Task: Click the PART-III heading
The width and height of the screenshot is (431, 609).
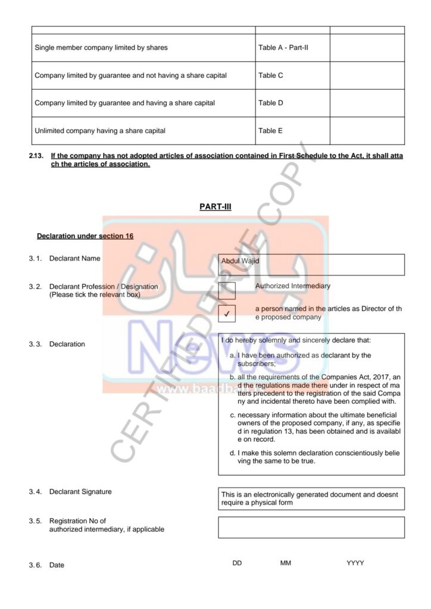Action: pyautogui.click(x=215, y=207)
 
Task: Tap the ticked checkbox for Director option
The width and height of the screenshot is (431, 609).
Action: pyautogui.click(x=227, y=313)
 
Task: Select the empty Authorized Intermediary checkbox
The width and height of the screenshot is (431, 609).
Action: pyautogui.click(x=227, y=291)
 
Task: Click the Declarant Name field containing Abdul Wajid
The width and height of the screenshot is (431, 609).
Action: pyautogui.click(x=311, y=265)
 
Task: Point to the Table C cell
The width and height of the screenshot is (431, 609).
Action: pyautogui.click(x=292, y=76)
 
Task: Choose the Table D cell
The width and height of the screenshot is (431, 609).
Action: pyautogui.click(x=292, y=103)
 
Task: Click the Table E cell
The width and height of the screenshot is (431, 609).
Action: pyautogui.click(x=292, y=131)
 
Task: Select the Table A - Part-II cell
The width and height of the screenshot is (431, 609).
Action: pyautogui.click(x=292, y=48)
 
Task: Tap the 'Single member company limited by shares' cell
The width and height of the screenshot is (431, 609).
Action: pyautogui.click(x=143, y=48)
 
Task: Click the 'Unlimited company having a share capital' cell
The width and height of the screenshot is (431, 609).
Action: pyautogui.click(x=143, y=131)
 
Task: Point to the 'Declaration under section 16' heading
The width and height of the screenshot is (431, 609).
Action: pyautogui.click(x=85, y=236)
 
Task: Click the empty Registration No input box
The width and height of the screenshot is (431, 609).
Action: pyautogui.click(x=311, y=527)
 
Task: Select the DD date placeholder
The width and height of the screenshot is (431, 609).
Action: pyautogui.click(x=237, y=563)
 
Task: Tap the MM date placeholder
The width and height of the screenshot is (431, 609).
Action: pyautogui.click(x=286, y=563)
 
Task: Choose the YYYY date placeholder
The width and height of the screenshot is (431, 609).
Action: pyautogui.click(x=355, y=563)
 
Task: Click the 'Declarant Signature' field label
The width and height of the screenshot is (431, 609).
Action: pyautogui.click(x=80, y=492)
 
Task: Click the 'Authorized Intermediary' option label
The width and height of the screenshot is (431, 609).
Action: pyautogui.click(x=293, y=286)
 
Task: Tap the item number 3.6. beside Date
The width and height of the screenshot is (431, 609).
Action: pyautogui.click(x=35, y=565)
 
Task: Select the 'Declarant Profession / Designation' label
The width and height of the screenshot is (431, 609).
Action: pyautogui.click(x=104, y=287)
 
